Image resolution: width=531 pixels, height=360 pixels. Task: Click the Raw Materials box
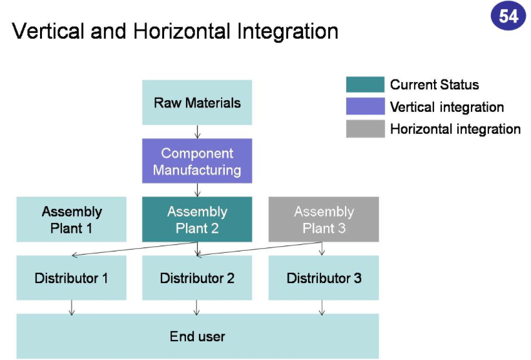197,102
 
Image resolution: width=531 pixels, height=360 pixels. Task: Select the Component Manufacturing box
197,162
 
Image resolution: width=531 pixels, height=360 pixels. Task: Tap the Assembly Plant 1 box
72,220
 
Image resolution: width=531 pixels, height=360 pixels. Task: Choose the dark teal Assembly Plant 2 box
197,220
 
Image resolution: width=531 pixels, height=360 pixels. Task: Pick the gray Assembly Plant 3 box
324,220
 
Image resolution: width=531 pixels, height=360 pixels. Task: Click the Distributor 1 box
72,278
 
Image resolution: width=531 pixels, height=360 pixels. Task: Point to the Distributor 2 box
197,278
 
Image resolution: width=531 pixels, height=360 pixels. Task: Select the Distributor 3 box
324,278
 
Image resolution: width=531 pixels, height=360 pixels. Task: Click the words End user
197,336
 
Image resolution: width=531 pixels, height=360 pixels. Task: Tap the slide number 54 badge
508,16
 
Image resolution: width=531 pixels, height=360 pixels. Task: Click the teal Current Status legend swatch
366,85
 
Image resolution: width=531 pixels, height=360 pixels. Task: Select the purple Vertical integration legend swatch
366,107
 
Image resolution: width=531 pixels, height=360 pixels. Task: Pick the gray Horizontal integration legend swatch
366,129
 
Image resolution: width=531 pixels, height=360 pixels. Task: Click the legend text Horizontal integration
455,129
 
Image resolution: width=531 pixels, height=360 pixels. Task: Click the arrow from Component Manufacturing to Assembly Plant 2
197,191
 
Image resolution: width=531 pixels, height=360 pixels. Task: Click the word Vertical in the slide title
50,31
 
